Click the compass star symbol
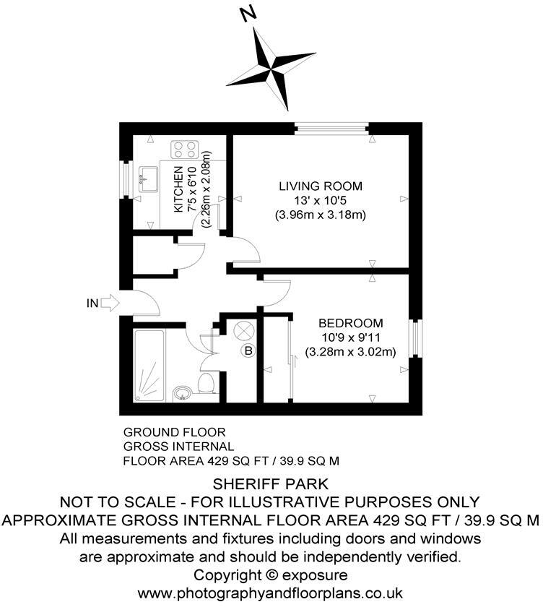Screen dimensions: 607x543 (271, 70)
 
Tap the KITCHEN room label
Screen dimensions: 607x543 (178, 189)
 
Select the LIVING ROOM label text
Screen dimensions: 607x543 (321, 186)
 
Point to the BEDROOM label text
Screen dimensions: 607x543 (351, 324)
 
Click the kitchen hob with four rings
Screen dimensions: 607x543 (184, 150)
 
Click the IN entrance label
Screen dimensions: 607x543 (92, 303)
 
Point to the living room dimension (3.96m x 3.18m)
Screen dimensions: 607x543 (321, 215)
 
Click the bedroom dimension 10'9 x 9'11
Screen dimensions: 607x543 (351, 338)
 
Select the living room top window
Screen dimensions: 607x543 (332, 129)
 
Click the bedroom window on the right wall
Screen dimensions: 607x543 (414, 338)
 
